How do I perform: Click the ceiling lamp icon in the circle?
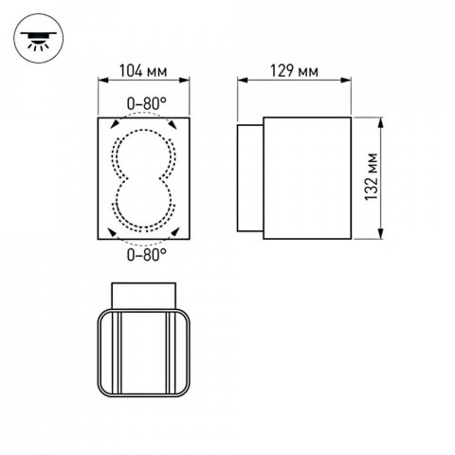coord(36,37)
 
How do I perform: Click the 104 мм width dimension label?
coord(142,71)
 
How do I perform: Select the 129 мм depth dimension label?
coord(293,71)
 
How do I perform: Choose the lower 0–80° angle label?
coord(142,254)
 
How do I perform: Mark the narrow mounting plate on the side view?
coord(249,177)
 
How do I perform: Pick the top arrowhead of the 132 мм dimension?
coord(380,121)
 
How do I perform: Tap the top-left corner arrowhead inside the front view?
coord(112,125)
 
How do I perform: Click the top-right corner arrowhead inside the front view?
coord(174,125)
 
